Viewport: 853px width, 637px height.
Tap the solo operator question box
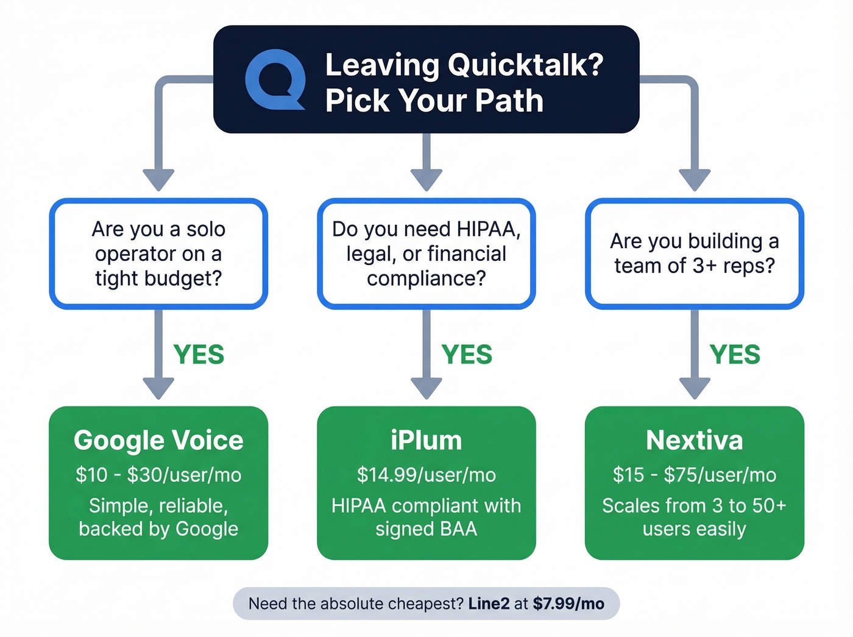coord(158,254)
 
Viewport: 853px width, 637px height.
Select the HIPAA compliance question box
coord(426,254)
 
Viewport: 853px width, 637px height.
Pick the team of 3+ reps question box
coord(695,254)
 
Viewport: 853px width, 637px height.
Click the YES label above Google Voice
coord(199,355)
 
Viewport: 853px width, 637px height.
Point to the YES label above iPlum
coord(467,355)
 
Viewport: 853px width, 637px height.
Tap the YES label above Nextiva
coord(735,355)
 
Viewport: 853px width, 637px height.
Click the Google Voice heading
coord(158,440)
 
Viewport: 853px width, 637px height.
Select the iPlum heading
coord(426,440)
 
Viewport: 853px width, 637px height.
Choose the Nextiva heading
coord(695,440)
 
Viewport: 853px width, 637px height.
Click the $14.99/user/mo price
coord(426,475)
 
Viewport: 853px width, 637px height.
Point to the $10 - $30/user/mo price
coord(158,475)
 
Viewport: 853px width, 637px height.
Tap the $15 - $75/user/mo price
coord(695,475)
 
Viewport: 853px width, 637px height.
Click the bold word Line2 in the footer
coord(489,604)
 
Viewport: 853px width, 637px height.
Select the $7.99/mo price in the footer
coord(568,604)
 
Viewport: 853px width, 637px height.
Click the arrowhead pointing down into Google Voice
coord(158,388)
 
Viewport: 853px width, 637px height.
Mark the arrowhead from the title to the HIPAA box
coord(426,179)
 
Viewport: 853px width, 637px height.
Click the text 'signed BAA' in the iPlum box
coord(426,529)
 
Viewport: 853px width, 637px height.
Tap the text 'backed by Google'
coord(158,529)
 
